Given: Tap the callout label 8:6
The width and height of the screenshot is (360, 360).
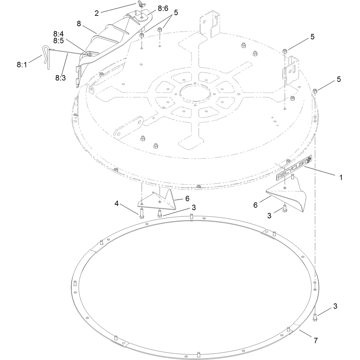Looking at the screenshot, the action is (x=163, y=8).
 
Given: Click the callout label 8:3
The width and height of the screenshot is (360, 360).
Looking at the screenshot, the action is (x=61, y=78).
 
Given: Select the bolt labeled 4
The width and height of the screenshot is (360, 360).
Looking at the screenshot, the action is (x=141, y=211).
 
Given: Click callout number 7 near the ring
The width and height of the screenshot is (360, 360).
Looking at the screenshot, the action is (x=316, y=341).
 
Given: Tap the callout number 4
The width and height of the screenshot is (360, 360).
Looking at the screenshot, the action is (x=117, y=203).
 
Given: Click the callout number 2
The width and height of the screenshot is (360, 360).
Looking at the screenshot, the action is (x=97, y=13).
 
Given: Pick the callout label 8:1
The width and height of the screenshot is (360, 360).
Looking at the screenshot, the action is (x=22, y=65).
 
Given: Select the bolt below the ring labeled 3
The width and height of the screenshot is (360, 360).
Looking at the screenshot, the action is (x=315, y=317).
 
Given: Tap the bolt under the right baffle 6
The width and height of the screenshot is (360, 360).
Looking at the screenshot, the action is (x=285, y=208).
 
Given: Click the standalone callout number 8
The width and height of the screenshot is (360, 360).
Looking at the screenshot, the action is (x=79, y=24).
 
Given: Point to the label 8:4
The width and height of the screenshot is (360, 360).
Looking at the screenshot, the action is (x=58, y=34).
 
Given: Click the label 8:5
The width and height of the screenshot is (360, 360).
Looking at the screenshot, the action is (x=58, y=41).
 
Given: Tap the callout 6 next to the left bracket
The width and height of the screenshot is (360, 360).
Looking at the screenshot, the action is (x=187, y=199).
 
